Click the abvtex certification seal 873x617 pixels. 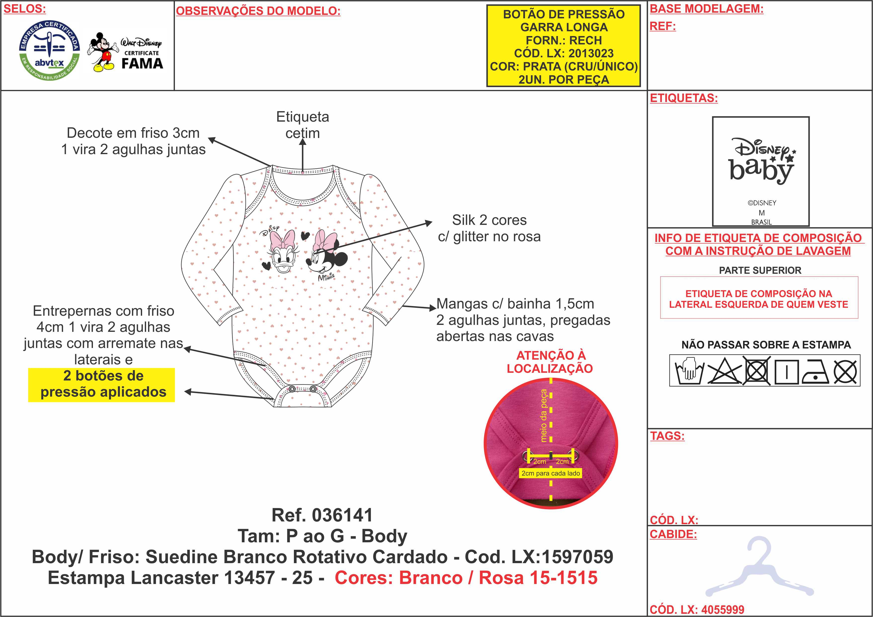[x=49, y=50]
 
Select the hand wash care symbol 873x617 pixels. [x=689, y=371]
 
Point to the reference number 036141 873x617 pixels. [x=342, y=515]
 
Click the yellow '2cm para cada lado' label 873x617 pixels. [x=551, y=473]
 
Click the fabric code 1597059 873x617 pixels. [x=577, y=557]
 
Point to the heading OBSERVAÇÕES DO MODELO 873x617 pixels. [x=258, y=11]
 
